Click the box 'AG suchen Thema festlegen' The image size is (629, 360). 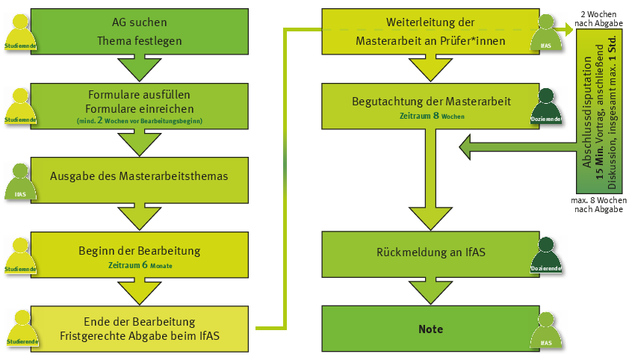coord(140,31)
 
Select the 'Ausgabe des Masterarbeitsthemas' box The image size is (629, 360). coord(140,178)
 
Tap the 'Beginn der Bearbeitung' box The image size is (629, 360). coord(140,254)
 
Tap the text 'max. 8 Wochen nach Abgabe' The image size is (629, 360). coord(599,205)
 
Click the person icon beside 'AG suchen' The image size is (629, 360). coord(20,30)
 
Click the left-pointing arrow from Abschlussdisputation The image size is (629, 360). coord(515,147)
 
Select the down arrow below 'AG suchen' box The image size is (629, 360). coord(140,69)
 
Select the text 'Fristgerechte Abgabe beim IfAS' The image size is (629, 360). coord(140,336)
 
